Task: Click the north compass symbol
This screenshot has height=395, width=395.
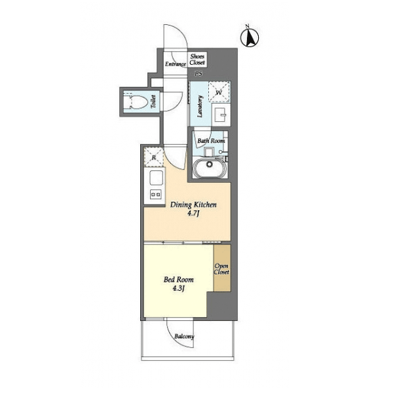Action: (250, 37)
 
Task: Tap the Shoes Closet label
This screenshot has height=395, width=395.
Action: (197, 60)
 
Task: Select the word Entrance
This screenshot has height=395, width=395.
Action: (176, 64)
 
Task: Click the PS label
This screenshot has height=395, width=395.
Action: (198, 74)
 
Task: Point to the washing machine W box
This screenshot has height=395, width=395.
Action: (219, 92)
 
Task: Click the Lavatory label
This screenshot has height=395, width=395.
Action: (200, 106)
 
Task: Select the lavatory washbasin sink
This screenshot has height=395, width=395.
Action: (221, 115)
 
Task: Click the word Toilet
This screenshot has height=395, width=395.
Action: (153, 102)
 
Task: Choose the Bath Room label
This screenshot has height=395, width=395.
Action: (211, 141)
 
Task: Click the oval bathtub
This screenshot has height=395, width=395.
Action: (210, 167)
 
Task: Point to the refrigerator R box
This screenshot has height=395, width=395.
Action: (154, 157)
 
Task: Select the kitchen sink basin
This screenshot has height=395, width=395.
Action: (156, 178)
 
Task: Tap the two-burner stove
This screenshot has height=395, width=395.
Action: (156, 195)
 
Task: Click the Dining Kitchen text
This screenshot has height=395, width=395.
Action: (193, 205)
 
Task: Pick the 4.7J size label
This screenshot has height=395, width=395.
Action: (193, 214)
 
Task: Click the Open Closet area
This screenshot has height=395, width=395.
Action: (222, 268)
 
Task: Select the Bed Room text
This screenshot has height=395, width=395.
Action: (179, 280)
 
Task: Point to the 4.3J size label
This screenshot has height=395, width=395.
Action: (179, 288)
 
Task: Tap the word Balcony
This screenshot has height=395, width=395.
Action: (184, 337)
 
